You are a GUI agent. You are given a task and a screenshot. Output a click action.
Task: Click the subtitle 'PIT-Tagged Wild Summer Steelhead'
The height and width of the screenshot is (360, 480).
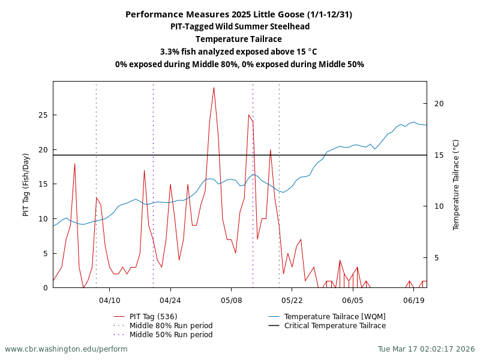click(240, 26)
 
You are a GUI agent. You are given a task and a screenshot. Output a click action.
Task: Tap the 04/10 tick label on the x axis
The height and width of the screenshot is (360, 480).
click(110, 299)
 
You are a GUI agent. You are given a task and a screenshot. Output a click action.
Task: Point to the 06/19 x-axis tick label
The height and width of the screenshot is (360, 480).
click(414, 299)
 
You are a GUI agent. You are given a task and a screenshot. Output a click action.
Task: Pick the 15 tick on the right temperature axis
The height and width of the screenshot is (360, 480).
click(439, 155)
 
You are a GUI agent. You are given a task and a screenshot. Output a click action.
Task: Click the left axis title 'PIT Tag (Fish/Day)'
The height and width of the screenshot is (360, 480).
click(26, 185)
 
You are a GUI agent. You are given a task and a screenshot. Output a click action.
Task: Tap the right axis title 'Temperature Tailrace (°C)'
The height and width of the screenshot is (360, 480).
click(456, 185)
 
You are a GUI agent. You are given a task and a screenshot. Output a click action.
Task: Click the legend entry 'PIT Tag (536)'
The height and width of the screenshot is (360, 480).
click(153, 317)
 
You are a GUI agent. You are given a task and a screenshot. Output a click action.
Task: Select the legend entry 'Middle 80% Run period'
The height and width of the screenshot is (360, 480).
click(171, 326)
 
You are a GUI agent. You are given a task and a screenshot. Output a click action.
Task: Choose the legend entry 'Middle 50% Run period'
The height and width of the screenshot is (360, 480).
click(171, 335)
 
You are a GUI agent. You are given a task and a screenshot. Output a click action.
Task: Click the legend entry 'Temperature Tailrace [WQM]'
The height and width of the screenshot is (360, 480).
click(335, 317)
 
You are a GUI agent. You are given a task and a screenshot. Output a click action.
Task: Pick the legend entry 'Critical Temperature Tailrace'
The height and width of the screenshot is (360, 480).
click(335, 326)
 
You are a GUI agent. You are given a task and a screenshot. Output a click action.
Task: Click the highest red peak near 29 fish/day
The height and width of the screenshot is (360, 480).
click(214, 88)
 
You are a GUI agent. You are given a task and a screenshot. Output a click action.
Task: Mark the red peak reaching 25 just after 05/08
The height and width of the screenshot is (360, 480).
click(249, 115)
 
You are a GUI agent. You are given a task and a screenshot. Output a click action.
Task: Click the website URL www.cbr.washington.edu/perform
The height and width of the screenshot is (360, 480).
click(66, 349)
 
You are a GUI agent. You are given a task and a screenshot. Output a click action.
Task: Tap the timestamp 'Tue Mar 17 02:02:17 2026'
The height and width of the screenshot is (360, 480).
click(426, 349)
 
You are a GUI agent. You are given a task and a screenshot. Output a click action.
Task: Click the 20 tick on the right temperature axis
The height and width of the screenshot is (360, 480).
click(439, 104)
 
